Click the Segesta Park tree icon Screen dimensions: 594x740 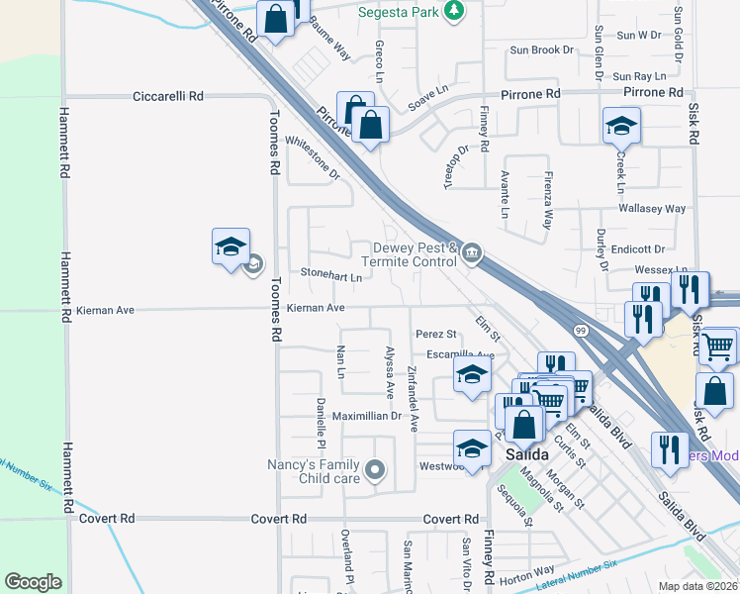pos(454,10)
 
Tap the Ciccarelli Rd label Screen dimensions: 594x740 pos(168,96)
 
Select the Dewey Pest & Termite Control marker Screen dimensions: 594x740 pos(472,255)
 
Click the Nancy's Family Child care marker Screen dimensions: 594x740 pos(374,470)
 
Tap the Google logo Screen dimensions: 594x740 pos(33,582)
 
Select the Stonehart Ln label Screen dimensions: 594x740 pos(330,275)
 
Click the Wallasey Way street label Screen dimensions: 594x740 pos(652,209)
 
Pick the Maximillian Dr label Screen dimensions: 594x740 pos(367,416)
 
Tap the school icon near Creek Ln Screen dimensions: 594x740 pos(622,126)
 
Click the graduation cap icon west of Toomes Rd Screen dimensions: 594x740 pos(231,247)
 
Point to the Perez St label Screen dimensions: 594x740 pos(435,335)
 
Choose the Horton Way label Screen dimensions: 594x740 pos(527,571)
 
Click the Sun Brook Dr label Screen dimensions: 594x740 pos(541,49)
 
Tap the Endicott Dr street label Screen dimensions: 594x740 pos(637,249)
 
